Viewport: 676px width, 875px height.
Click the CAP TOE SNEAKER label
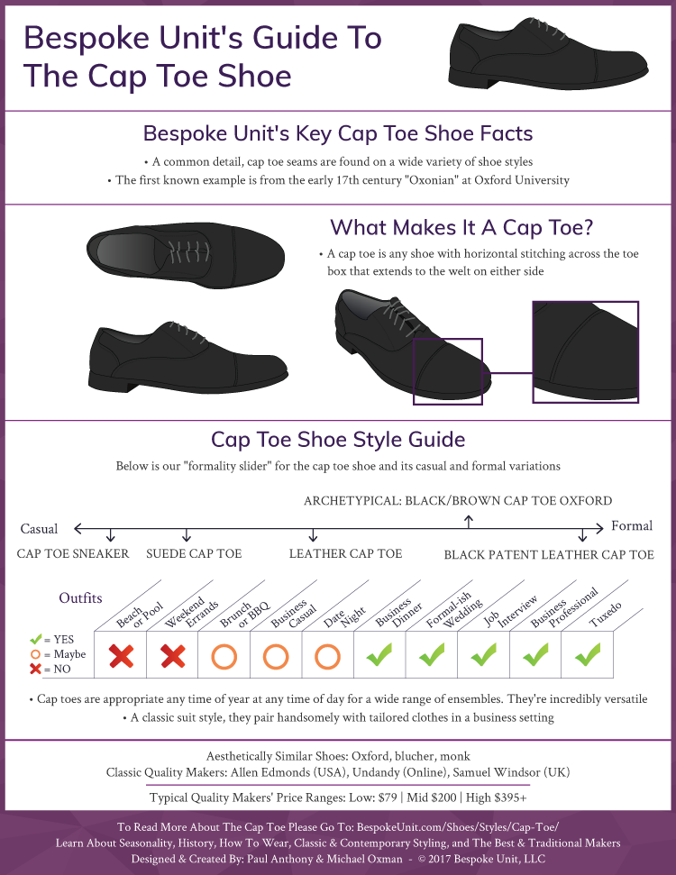(x=73, y=553)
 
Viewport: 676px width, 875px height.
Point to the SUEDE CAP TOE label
(x=194, y=553)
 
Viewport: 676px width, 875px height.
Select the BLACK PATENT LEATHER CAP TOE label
(x=549, y=554)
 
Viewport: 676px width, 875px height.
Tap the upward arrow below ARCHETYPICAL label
(x=469, y=521)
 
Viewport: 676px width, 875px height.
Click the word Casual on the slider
(x=39, y=529)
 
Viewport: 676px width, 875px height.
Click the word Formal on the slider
(x=632, y=526)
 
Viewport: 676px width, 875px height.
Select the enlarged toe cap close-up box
(x=585, y=351)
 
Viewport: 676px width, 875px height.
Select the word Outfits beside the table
(x=80, y=597)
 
